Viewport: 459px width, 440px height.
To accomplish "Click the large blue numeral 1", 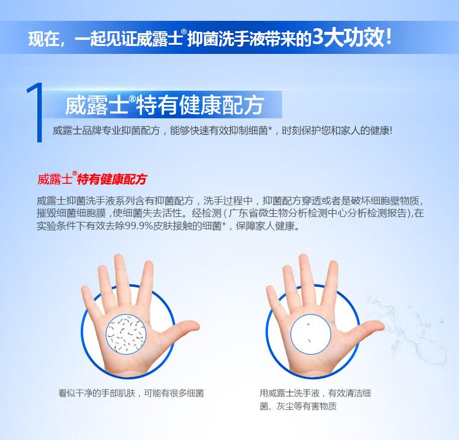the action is pos(37,113).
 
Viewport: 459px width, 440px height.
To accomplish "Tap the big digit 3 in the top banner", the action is pos(318,37).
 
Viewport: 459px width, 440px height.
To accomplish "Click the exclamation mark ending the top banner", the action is pos(389,37).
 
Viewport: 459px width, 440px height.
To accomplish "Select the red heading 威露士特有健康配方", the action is pos(92,178).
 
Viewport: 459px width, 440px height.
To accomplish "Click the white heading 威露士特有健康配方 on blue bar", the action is pos(165,105).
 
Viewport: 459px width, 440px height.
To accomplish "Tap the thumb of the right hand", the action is pos(370,327).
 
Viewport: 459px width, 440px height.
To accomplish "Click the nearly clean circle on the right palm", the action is pos(310,334).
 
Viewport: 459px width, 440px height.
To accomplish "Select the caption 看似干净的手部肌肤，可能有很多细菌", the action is pos(131,393).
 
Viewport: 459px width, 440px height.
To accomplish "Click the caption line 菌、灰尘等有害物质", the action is pos(298,406).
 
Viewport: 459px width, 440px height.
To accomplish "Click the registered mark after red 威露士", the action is pos(75,173).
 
